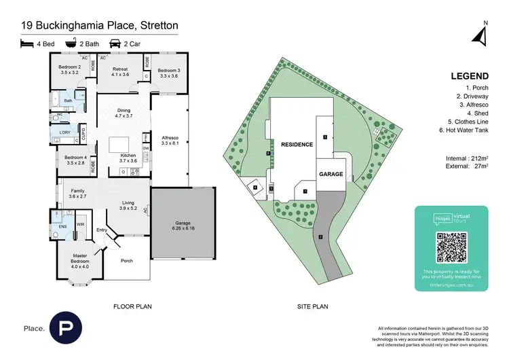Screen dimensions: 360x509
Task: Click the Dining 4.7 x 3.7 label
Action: (124, 113)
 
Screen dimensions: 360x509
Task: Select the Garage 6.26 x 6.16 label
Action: (183, 225)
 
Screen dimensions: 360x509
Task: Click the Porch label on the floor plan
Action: (126, 260)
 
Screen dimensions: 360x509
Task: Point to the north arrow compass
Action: (483, 34)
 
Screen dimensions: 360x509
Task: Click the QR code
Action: (451, 247)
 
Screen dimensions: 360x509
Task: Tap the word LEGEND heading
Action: (467, 76)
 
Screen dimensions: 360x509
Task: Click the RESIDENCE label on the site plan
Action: (297, 145)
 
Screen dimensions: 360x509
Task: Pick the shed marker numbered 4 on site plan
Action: (255, 187)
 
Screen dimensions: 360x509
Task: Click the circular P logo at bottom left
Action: (64, 327)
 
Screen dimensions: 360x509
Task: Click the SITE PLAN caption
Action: (313, 306)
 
